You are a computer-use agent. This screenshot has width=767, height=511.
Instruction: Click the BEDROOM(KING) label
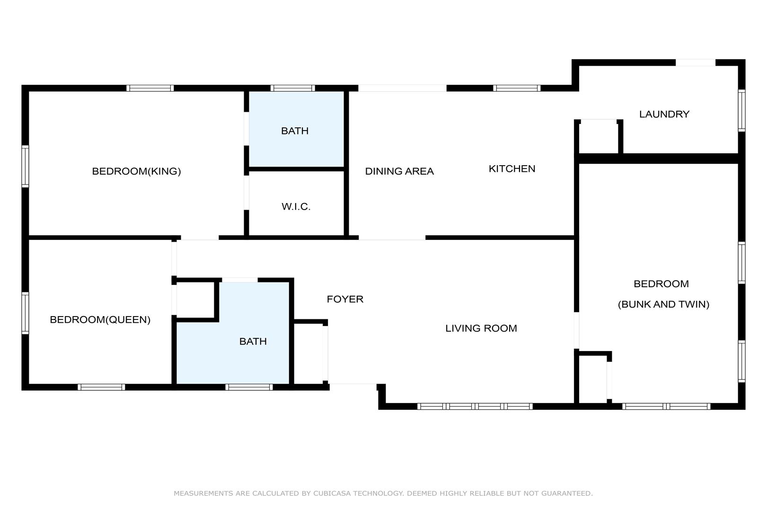pos(136,171)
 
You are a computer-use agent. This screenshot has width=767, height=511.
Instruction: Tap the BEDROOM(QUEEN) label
pos(100,320)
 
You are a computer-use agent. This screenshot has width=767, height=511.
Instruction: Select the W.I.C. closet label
pos(296,206)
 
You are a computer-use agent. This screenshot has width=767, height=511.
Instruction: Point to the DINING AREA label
pos(399,171)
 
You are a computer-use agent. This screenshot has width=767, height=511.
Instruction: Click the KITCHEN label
pos(512,168)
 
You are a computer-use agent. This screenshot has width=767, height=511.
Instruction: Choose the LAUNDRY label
pos(664,114)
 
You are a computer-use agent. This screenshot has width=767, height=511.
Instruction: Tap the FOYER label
pos(345,300)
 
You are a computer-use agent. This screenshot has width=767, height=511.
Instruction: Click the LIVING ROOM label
pos(481,328)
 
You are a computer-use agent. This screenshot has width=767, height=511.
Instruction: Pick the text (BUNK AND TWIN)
pos(663,304)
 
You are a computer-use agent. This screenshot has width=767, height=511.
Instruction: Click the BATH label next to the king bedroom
pos(295,131)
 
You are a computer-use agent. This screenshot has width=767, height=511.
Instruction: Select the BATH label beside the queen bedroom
pos(253,342)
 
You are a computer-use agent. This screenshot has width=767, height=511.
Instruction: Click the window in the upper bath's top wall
pos(293,88)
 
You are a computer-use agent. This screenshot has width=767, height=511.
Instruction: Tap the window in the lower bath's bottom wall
pos(249,388)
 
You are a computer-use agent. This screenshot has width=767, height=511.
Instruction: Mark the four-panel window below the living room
pos(475,406)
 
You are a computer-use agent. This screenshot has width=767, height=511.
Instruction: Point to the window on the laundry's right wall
pos(741,110)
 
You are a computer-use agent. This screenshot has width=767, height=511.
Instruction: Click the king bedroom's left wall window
pos(25,167)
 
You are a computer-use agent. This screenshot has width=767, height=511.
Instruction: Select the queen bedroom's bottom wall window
pos(101,388)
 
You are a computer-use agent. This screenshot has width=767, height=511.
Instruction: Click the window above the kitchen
pos(517,88)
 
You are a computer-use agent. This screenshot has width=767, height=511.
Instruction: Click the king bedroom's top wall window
pos(150,88)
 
